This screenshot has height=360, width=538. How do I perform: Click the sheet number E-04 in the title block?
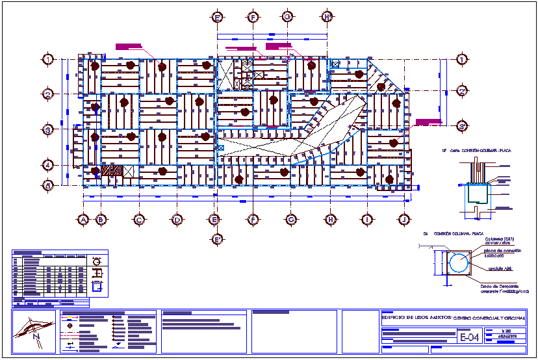pyautogui.click(x=469, y=338)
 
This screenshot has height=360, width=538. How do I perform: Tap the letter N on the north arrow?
pyautogui.click(x=37, y=337)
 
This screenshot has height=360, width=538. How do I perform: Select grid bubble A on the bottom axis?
pyautogui.click(x=83, y=220)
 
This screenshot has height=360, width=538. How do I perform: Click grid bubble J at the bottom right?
pyautogui.click(x=403, y=220)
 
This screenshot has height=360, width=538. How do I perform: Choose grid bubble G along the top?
pyautogui.click(x=287, y=17)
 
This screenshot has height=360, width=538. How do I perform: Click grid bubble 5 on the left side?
pyautogui.click(x=48, y=185)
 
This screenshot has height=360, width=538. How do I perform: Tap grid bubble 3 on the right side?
pyautogui.click(x=461, y=126)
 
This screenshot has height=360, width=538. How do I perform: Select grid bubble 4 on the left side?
pyautogui.click(x=48, y=164)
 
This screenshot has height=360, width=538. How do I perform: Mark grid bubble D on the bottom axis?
pyautogui.click(x=177, y=220)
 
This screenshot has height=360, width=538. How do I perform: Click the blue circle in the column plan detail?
pyautogui.click(x=459, y=263)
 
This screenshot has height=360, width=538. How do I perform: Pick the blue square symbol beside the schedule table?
pyautogui.click(x=98, y=284)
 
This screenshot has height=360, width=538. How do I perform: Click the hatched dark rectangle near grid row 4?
pyautogui.click(x=112, y=171)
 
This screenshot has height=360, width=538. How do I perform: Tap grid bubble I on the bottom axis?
pyautogui.click(x=367, y=220)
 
